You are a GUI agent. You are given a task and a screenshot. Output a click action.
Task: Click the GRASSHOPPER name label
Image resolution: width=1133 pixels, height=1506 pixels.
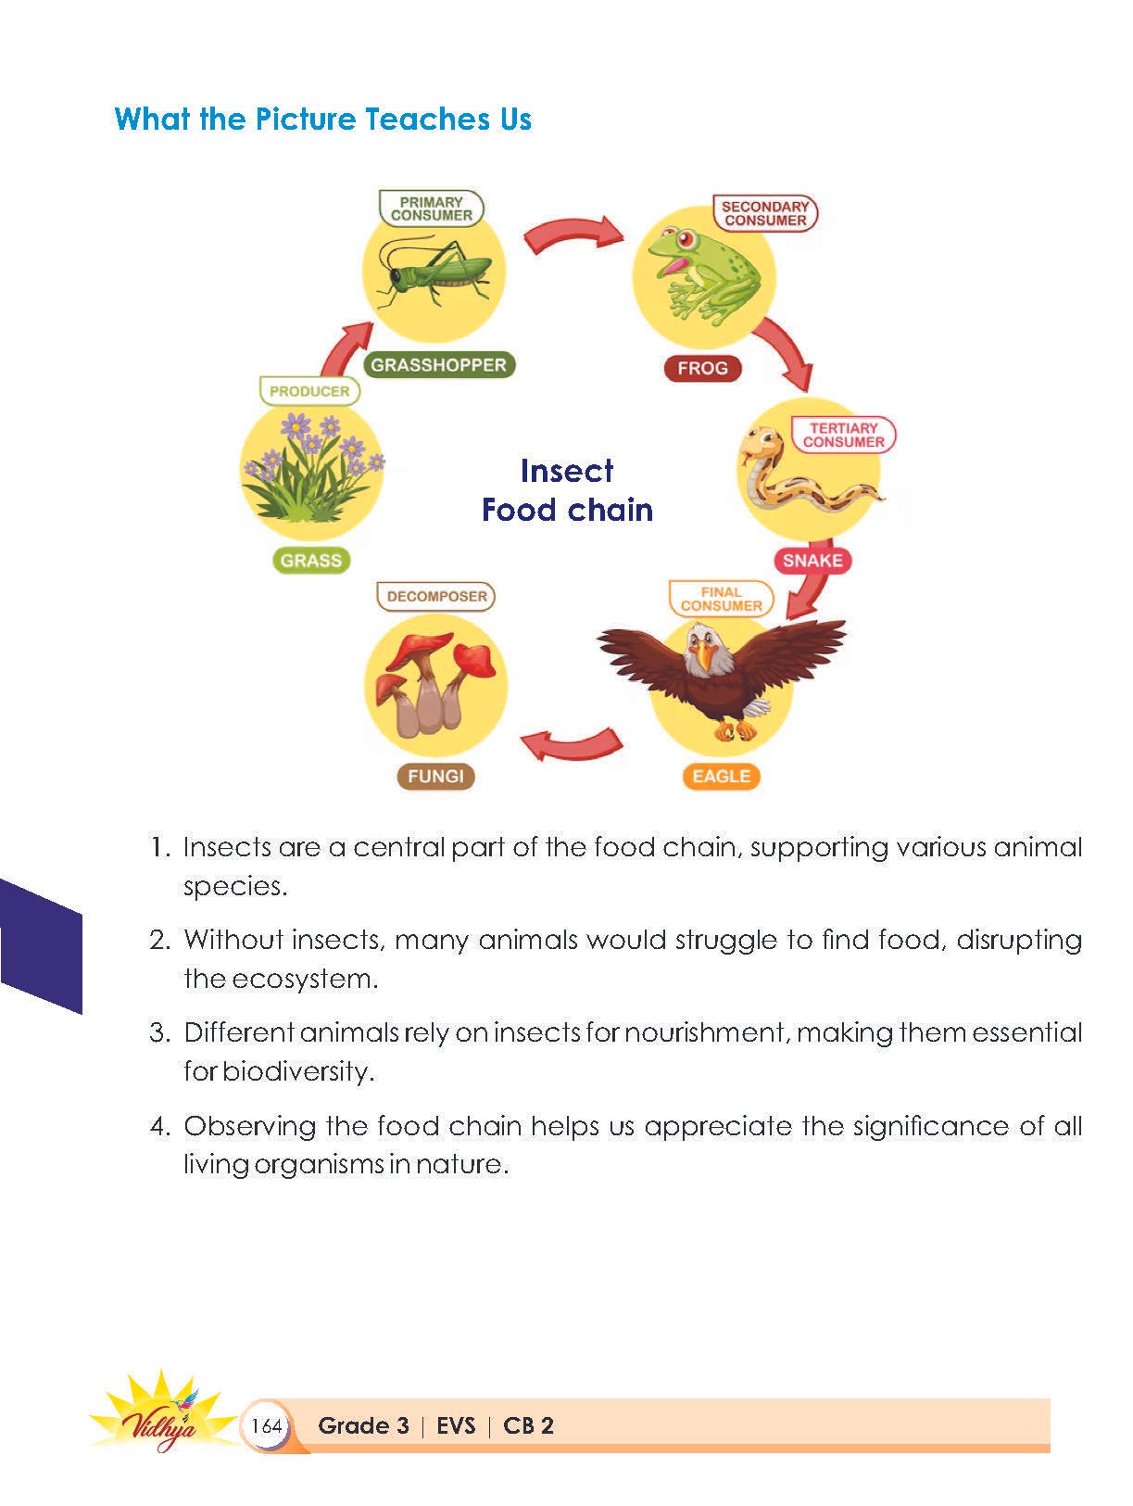[x=438, y=365]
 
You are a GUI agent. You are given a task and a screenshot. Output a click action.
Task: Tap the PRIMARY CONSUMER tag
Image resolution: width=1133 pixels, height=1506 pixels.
[x=431, y=209]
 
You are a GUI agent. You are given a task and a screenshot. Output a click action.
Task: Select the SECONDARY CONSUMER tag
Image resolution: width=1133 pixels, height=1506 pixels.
[x=765, y=214]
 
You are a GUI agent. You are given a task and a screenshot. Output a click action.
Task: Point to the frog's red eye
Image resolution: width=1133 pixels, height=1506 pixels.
[x=686, y=238]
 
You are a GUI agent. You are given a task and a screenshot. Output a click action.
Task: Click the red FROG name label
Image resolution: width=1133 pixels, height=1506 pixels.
[x=702, y=368]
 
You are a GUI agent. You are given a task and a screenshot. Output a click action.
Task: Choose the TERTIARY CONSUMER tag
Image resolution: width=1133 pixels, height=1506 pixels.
[x=843, y=436]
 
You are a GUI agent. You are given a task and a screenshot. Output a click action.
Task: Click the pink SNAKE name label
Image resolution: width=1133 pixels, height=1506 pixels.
[x=812, y=561]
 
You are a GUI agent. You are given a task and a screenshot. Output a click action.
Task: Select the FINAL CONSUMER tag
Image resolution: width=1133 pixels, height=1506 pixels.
[x=721, y=599]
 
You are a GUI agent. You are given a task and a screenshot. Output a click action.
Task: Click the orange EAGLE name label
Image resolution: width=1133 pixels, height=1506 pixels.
[x=721, y=777]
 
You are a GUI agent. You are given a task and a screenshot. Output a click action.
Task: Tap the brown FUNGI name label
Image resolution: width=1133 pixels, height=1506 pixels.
[x=435, y=777]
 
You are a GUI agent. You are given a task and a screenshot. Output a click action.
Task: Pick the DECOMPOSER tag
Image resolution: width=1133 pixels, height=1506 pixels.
[x=436, y=597]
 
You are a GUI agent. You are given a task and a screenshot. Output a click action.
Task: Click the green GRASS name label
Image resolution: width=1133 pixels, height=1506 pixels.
[x=311, y=561]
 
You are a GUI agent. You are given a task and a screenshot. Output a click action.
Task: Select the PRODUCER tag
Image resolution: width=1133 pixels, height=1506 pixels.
[x=309, y=391]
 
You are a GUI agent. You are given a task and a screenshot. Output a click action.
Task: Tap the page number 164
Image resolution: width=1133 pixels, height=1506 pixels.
[x=266, y=1425]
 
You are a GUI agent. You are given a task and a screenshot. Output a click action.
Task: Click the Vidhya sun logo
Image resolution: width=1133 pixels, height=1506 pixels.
[x=162, y=1413]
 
